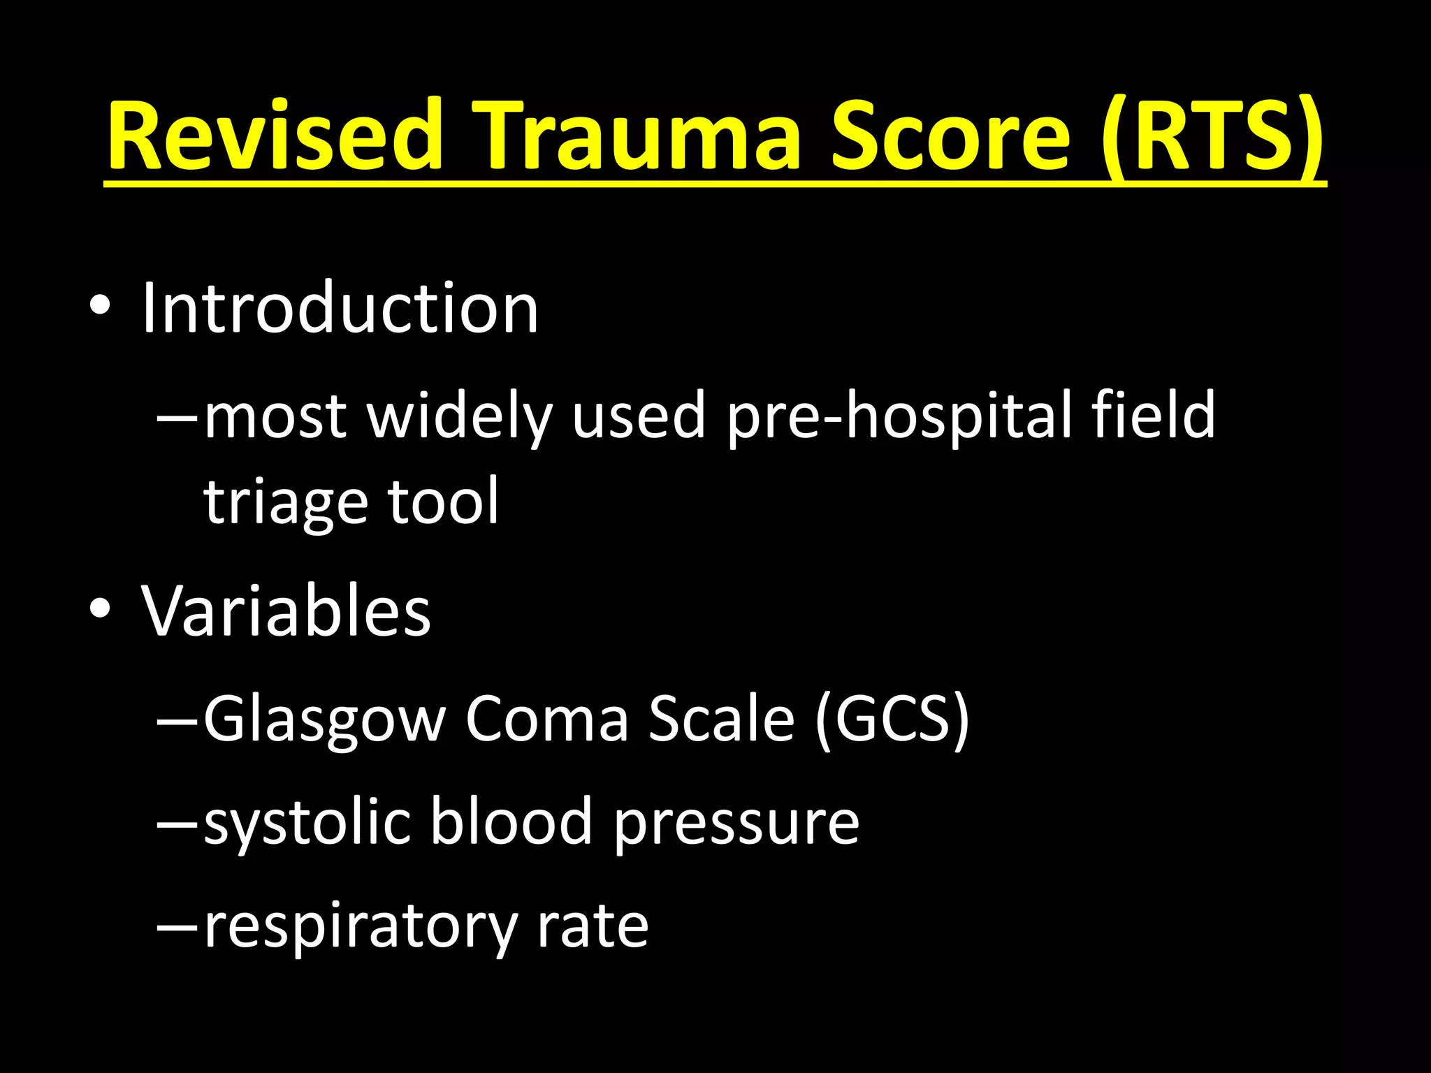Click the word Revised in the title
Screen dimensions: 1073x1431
point(275,136)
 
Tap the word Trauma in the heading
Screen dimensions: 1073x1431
point(636,136)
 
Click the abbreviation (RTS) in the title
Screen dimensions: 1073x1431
point(1213,136)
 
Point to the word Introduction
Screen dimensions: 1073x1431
point(340,309)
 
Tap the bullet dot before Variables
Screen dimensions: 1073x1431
point(100,609)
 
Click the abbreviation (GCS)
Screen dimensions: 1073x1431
point(893,720)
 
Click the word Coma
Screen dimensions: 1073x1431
point(547,720)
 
